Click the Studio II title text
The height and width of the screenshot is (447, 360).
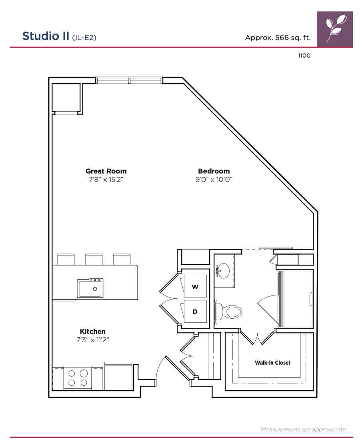[46, 36]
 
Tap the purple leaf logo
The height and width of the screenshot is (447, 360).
[335, 29]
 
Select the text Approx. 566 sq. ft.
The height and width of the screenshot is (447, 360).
[278, 38]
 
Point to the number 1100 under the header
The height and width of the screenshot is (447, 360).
[304, 56]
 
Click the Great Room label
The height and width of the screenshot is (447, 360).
[106, 171]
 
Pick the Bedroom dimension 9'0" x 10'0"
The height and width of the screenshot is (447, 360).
[214, 180]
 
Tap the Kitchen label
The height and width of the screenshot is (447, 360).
[93, 331]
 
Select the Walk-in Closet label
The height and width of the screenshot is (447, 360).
[273, 363]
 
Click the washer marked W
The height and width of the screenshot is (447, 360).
[195, 286]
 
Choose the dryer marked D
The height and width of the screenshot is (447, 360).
[195, 311]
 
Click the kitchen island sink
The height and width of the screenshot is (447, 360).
[90, 288]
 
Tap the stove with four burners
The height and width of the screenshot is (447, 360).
[78, 378]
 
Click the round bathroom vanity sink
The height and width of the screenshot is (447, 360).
[223, 270]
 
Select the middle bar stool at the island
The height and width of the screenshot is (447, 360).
[94, 259]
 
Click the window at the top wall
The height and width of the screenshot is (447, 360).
[129, 80]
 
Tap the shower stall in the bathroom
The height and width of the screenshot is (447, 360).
[296, 299]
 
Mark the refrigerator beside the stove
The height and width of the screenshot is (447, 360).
[118, 376]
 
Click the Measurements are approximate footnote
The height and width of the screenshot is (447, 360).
[304, 429]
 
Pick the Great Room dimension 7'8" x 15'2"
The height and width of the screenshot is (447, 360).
[106, 180]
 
